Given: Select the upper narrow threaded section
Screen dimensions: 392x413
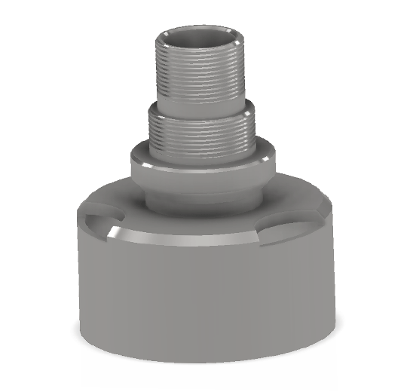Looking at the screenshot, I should [x=200, y=72].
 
